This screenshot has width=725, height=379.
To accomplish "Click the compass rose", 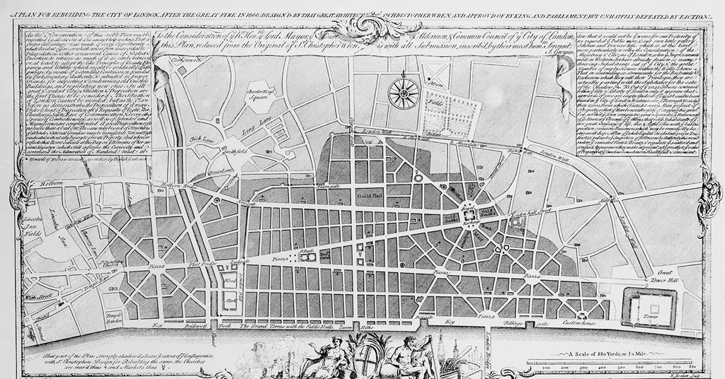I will [404, 93].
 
